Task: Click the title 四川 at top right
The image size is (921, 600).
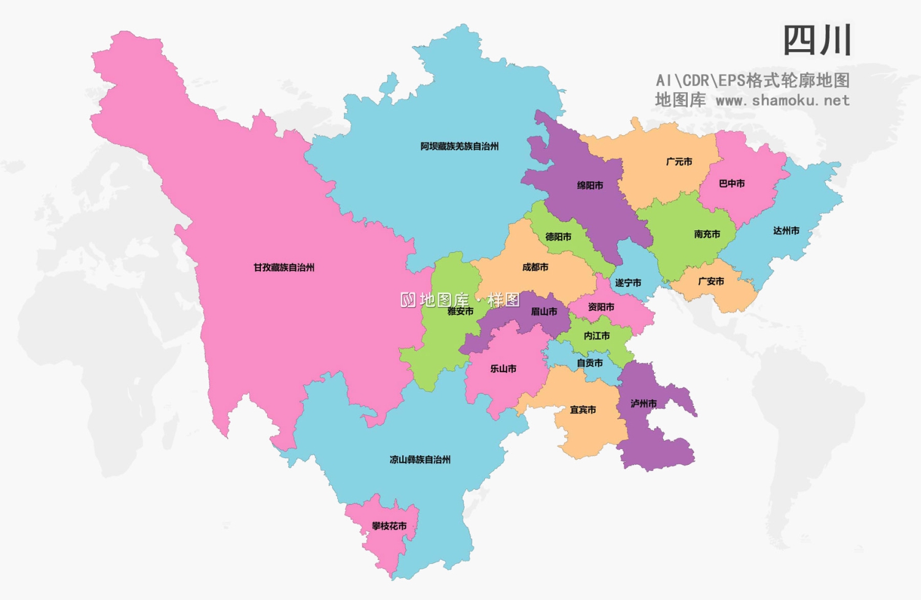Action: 817,41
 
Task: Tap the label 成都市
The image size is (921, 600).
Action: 535,267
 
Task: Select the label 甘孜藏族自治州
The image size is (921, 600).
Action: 284,267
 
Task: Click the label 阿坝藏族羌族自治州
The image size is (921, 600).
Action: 459,146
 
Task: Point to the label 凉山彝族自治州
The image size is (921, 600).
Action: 420,459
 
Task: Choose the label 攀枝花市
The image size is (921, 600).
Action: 389,526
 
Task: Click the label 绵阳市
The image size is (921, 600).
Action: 590,185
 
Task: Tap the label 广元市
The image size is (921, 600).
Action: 679,162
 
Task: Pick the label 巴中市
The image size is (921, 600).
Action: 732,184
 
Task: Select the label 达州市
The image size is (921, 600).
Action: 786,231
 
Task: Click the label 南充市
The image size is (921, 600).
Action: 707,234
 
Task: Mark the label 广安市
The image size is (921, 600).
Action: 711,281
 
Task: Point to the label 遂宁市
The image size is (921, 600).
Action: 628,282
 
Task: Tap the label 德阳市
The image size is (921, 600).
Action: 558,236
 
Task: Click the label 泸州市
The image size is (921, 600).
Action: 643,403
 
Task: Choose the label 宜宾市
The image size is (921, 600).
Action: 583,410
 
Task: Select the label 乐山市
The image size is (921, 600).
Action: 503,368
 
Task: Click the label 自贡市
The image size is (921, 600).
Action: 589,363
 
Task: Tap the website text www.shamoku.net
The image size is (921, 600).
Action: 782,100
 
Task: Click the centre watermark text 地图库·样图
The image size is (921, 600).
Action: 460,300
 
